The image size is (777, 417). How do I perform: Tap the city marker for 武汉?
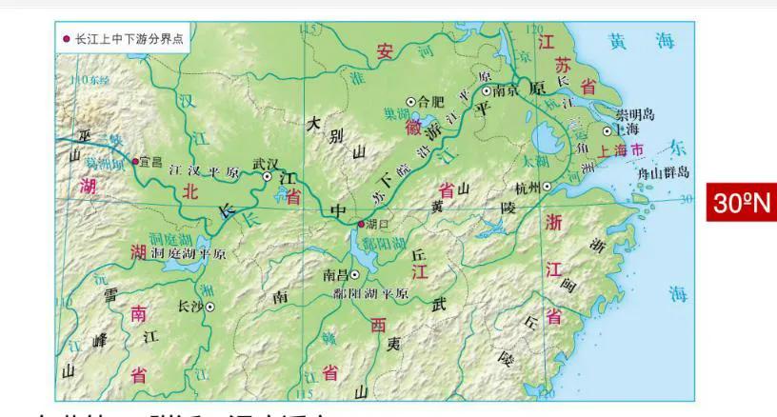tap(268, 176)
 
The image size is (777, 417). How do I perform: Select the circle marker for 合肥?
tap(411, 101)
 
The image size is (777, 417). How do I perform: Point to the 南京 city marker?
tap(487, 91)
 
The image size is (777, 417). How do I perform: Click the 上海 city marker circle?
tap(607, 130)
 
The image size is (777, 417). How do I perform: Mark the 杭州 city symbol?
tap(547, 188)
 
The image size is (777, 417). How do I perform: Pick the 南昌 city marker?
tap(354, 274)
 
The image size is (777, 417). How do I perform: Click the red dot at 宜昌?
tap(135, 161)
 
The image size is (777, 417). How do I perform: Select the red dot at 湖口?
tap(360, 224)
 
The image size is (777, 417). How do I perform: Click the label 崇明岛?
tap(635, 113)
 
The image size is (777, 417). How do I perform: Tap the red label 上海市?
tap(622, 150)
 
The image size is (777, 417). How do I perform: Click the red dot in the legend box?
tap(67, 39)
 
